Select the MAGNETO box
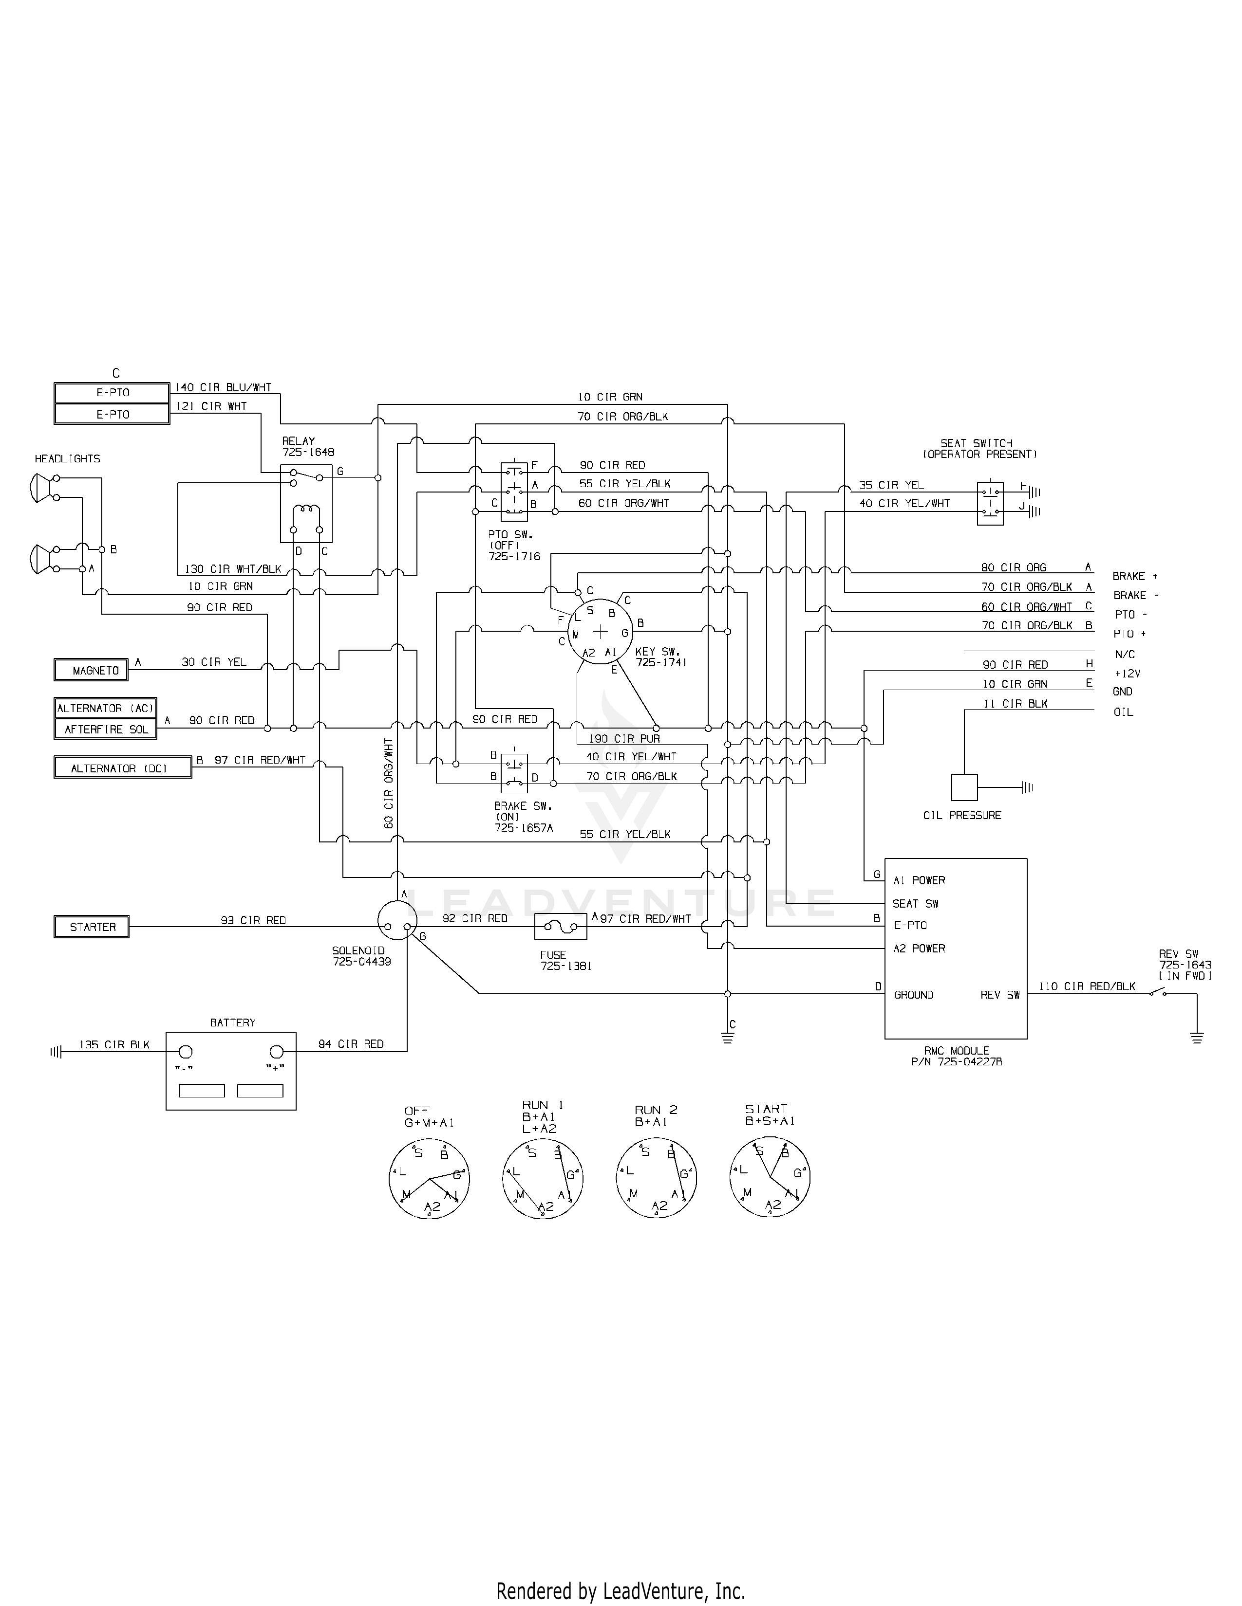coord(91,670)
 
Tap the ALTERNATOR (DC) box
coord(122,767)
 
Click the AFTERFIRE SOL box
coord(105,730)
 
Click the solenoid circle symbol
coord(396,921)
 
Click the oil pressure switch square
coord(964,787)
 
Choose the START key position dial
coord(770,1179)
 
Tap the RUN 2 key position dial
coord(656,1179)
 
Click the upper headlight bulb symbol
coord(41,487)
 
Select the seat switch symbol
coord(990,503)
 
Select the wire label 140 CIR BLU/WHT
coord(223,387)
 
